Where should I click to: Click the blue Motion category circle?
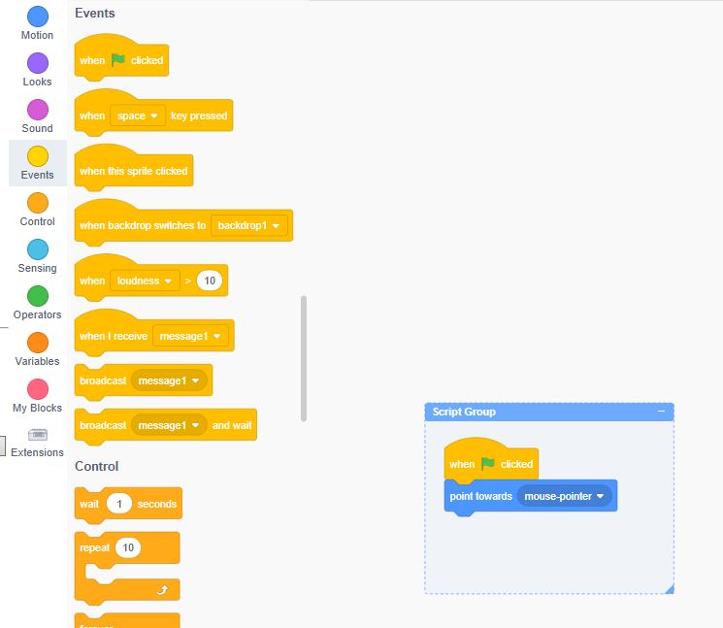tap(38, 17)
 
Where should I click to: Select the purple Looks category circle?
tap(38, 63)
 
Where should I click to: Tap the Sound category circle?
tap(38, 110)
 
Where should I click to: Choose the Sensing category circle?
tap(38, 249)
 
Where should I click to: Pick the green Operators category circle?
tap(38, 296)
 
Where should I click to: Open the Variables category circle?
tap(38, 343)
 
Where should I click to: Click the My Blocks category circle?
tap(38, 389)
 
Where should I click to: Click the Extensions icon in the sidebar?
tap(38, 434)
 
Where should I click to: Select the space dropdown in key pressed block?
tap(138, 116)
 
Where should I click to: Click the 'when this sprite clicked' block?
tap(134, 171)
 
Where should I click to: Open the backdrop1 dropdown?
tap(250, 225)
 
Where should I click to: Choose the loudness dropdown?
tap(145, 281)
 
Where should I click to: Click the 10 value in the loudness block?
tap(209, 281)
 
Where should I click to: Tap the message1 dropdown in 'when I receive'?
tap(190, 336)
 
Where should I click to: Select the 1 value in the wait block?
tap(119, 504)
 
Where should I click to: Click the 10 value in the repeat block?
tap(127, 547)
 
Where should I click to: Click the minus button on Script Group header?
tap(661, 412)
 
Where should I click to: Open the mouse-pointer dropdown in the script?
tap(564, 496)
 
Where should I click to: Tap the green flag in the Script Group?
tap(488, 464)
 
